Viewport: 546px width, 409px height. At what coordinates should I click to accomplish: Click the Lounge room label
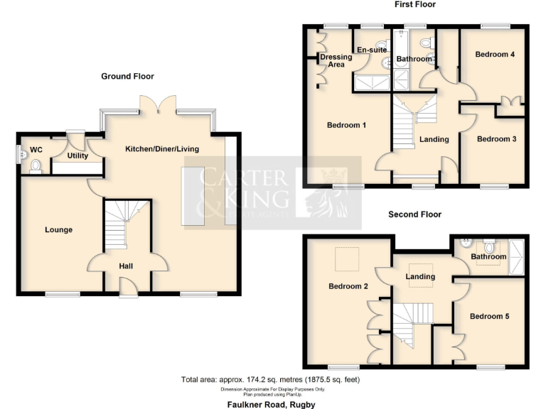(58, 229)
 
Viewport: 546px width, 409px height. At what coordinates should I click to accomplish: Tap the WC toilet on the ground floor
(36, 165)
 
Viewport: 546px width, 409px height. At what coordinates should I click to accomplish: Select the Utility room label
(77, 156)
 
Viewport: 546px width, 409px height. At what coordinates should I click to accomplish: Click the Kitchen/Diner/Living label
(162, 149)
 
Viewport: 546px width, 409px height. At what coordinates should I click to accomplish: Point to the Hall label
(126, 266)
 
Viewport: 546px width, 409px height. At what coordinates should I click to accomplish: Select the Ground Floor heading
(127, 76)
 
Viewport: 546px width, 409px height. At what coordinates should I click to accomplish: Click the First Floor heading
(414, 4)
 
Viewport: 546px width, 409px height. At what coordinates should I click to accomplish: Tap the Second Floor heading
(414, 214)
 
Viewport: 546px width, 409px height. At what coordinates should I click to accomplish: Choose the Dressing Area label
(336, 61)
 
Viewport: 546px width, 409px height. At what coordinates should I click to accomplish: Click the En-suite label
(372, 50)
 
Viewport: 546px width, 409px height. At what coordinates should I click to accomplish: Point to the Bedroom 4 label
(495, 55)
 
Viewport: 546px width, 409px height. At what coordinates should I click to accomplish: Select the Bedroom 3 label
(496, 139)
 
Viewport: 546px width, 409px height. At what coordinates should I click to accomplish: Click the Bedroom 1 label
(346, 126)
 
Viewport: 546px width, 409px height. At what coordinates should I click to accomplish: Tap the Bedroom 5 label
(489, 316)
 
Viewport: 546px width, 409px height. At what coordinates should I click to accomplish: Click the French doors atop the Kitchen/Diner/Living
(157, 105)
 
